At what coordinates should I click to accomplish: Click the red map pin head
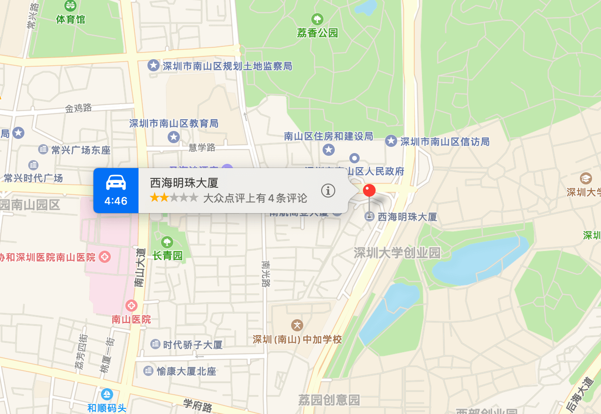coord(370,190)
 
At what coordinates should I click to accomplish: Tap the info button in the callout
coord(328,191)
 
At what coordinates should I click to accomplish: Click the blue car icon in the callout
coord(116,182)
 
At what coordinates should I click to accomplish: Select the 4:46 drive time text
coord(116,201)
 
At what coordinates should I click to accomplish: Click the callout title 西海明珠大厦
coord(184,183)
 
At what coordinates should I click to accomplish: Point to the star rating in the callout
coord(174,198)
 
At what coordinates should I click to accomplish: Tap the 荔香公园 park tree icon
coord(317,19)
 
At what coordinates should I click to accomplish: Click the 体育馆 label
coord(70,19)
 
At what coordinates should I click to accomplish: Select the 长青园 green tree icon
coord(167,242)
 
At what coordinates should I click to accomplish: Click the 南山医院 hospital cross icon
coord(131,306)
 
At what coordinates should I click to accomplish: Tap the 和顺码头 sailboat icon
coord(107,394)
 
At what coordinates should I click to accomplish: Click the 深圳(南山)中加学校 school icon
coord(297,325)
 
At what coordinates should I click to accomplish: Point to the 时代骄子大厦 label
coord(193,345)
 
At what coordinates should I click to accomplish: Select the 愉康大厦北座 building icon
coord(148,371)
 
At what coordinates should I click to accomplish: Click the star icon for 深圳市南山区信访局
coord(391,141)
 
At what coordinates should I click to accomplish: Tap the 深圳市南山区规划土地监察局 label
coord(227,66)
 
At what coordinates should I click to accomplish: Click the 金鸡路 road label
coord(78,108)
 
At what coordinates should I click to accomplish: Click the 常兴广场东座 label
coord(81,150)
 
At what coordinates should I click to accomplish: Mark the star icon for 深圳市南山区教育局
coord(174,137)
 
